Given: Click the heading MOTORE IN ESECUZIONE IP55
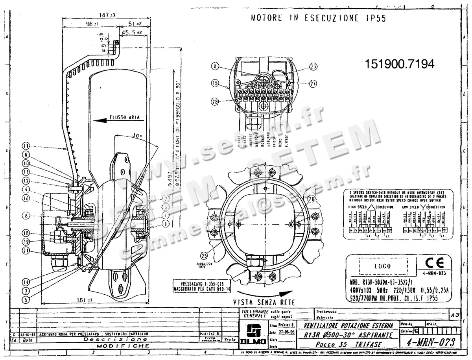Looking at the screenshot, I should point(318,18).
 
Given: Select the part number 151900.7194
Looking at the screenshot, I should point(400,65).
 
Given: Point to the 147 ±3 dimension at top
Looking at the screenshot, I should point(107,15).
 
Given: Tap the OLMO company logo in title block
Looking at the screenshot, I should point(251,336).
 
